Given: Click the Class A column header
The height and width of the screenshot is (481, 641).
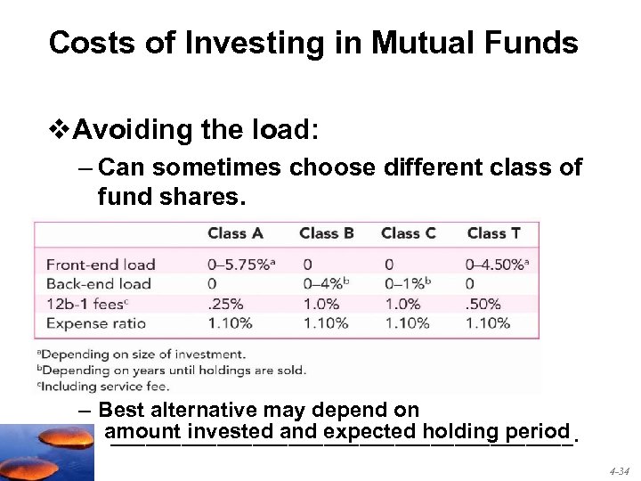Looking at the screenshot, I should [235, 233].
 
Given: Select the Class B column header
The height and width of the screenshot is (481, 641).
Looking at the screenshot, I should [327, 233].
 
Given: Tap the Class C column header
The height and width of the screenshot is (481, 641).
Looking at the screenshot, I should [408, 233].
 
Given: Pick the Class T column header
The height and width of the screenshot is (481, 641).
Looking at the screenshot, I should [494, 233].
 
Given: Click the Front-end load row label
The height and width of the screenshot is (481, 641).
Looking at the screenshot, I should [101, 265].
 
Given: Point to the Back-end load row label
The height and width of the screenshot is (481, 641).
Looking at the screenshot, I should [99, 284].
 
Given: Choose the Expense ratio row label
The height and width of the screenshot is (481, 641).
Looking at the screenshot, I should [96, 323].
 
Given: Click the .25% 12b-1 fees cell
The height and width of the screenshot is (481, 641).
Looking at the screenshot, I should [224, 304].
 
